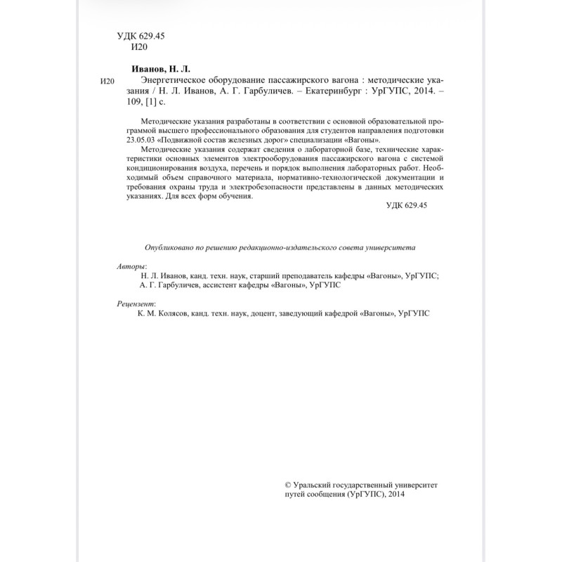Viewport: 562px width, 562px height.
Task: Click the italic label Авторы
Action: point(131,267)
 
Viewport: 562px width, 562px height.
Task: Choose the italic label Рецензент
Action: point(136,303)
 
